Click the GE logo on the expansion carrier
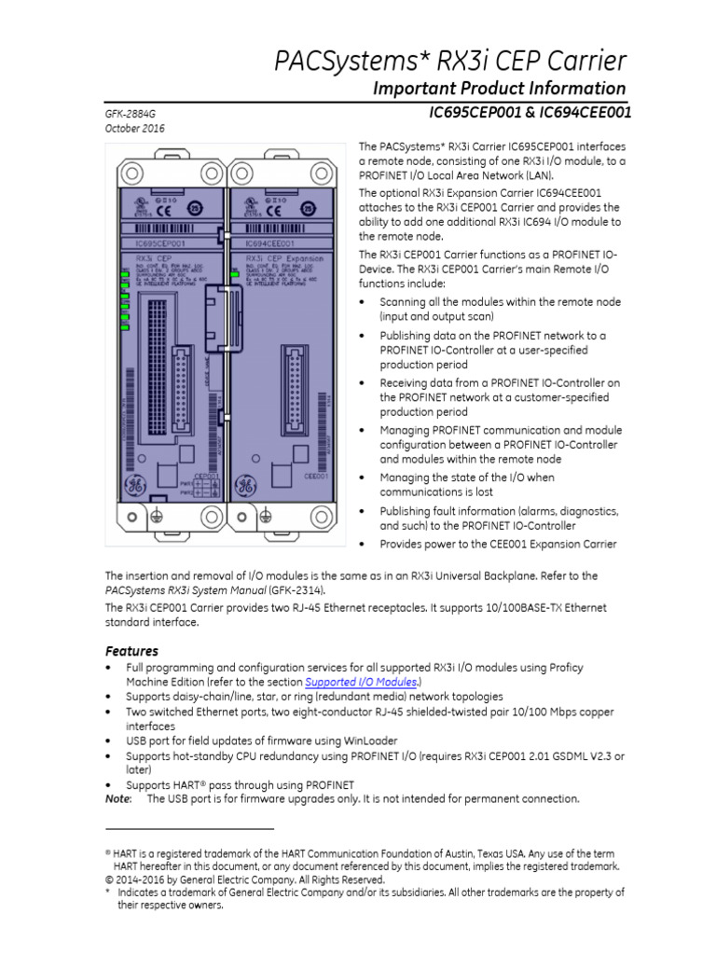247,485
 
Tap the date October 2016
134,129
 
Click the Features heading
131,651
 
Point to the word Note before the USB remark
117,798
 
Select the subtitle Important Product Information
499,89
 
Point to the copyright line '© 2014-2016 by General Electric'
243,879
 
